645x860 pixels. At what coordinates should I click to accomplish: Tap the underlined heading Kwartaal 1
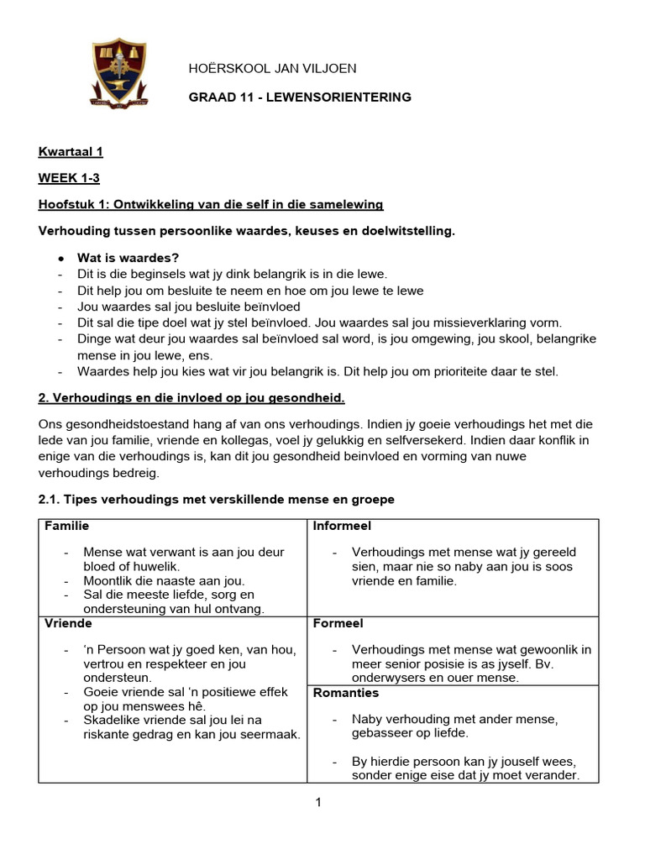point(71,152)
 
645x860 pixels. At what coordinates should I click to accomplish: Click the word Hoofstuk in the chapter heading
point(65,205)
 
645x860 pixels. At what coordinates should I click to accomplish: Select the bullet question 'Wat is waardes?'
point(128,258)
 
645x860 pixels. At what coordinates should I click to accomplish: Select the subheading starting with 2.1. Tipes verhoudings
point(217,500)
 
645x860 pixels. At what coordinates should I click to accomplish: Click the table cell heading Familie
point(66,527)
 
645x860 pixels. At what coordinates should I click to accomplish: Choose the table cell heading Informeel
point(342,527)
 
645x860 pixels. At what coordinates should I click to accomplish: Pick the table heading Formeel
point(338,624)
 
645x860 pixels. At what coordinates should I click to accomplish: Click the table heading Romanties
point(345,693)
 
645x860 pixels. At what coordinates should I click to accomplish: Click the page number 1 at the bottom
point(318,803)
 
